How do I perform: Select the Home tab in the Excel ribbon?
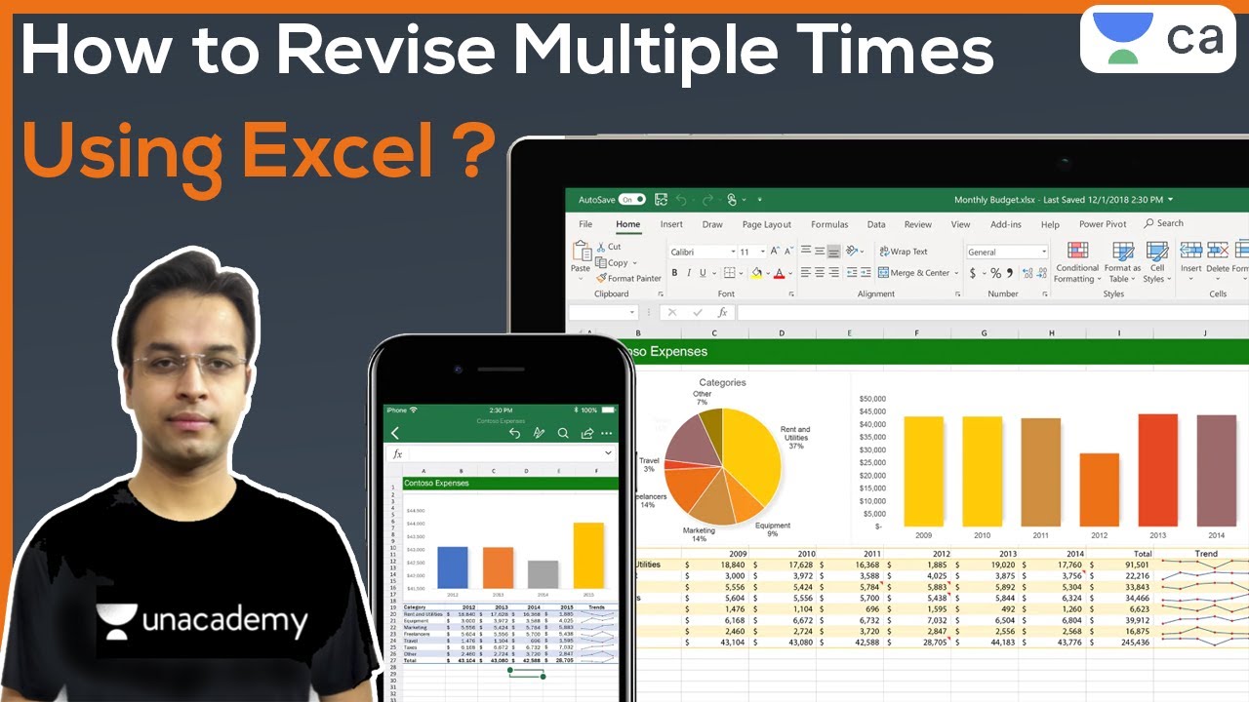click(x=627, y=224)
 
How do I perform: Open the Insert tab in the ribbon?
click(x=671, y=224)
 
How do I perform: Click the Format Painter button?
click(x=628, y=279)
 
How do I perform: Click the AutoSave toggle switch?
click(x=631, y=200)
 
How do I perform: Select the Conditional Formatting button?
click(x=1076, y=263)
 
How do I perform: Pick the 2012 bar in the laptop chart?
click(x=1099, y=489)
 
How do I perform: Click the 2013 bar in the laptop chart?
click(x=1157, y=470)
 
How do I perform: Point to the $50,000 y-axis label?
click(x=871, y=399)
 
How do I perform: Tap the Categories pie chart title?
click(x=722, y=383)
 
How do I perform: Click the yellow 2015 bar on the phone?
click(x=588, y=555)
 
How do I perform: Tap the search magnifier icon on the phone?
click(x=563, y=433)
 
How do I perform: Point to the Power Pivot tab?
click(x=1103, y=224)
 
